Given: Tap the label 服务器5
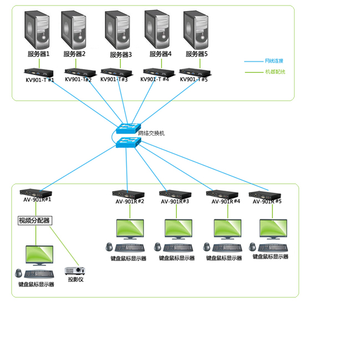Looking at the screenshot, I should pyautogui.click(x=197, y=54).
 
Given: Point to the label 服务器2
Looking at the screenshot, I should pyautogui.click(x=74, y=54).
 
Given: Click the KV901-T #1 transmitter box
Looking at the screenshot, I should pyautogui.click(x=39, y=72).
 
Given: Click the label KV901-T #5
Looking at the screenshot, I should pyautogui.click(x=194, y=80).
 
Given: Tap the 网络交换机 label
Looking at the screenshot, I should pyautogui.click(x=151, y=133).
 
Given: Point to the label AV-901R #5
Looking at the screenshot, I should pyautogui.click(x=267, y=202).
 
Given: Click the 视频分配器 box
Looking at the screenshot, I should pyautogui.click(x=34, y=220).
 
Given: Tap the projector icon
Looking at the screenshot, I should pyautogui.click(x=74, y=270).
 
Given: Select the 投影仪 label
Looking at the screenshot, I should pyautogui.click(x=75, y=280).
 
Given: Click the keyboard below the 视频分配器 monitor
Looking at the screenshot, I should pyautogui.click(x=39, y=274).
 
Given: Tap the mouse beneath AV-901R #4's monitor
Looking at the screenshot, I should pyautogui.click(x=207, y=246).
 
